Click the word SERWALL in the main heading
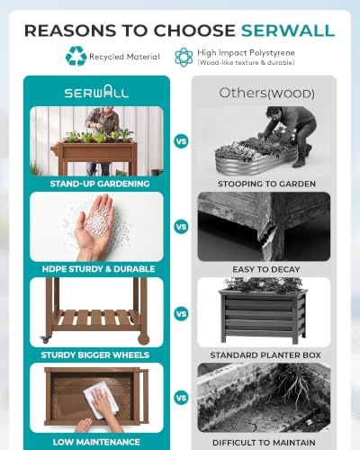pyautogui.click(x=288, y=31)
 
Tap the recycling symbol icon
pyautogui.click(x=76, y=56)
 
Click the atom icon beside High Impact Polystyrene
pyautogui.click(x=184, y=57)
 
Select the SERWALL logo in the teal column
pyautogui.click(x=96, y=92)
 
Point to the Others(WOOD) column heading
pyautogui.click(x=266, y=93)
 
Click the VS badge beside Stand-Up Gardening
pyautogui.click(x=181, y=141)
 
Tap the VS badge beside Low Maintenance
pyautogui.click(x=181, y=398)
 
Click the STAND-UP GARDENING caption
pyautogui.click(x=100, y=184)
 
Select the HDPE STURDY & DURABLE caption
pyautogui.click(x=98, y=269)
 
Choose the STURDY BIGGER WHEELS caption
pyautogui.click(x=95, y=355)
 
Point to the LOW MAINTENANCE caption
pyautogui.click(x=96, y=442)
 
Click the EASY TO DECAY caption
pyautogui.click(x=266, y=269)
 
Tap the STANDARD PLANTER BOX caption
pyautogui.click(x=265, y=355)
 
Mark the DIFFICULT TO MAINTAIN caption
pyautogui.click(x=264, y=443)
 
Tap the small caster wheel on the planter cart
pyautogui.click(x=45, y=339)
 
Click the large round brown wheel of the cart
pyautogui.click(x=143, y=338)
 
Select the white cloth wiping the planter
pyautogui.click(x=101, y=399)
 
